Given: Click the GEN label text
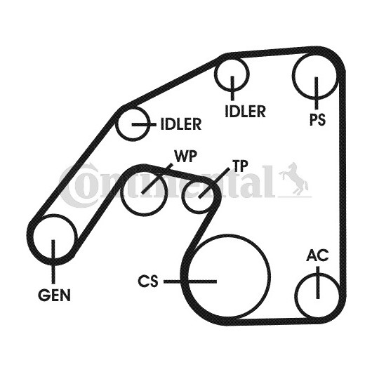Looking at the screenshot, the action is [x=54, y=295].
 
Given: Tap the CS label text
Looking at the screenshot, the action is [x=148, y=281].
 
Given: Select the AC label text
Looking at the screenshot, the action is [x=318, y=255].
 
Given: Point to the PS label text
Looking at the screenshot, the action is [x=317, y=119].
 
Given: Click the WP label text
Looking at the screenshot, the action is [x=186, y=156].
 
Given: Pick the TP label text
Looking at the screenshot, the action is [x=240, y=166].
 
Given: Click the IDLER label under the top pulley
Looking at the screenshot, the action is [x=245, y=112].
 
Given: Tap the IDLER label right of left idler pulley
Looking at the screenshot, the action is [x=181, y=124].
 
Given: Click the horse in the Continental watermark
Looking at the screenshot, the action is [x=294, y=178].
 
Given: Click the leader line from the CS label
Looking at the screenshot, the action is [x=190, y=281].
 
